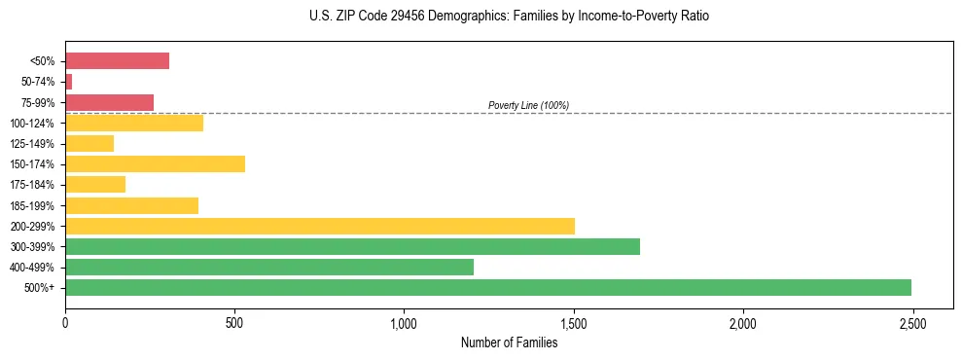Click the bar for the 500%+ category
tap(487, 287)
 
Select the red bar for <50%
tap(117, 60)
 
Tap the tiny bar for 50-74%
tap(69, 82)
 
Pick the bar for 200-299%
tap(320, 226)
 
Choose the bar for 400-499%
tap(269, 267)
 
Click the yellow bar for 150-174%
tap(155, 163)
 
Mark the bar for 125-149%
tap(89, 143)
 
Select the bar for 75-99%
tap(109, 102)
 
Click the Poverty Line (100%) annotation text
tap(528, 105)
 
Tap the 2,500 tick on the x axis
tap(912, 322)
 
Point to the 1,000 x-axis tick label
tap(404, 322)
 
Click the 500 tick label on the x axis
tap(234, 322)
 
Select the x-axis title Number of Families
tap(509, 342)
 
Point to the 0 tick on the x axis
tap(65, 322)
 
